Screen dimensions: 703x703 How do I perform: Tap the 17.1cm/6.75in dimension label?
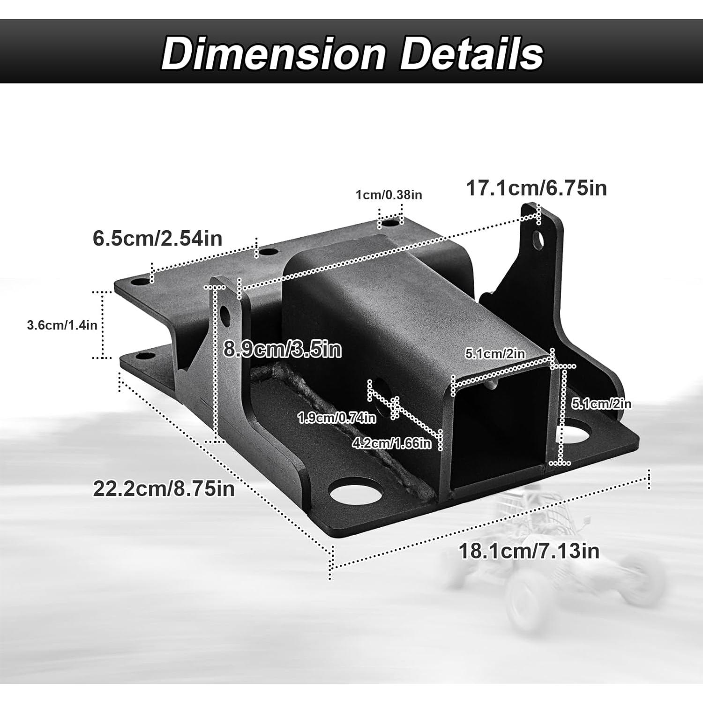tap(536, 188)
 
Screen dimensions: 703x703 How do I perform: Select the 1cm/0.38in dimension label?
tap(389, 194)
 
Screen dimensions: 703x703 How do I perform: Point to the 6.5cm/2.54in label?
tap(157, 238)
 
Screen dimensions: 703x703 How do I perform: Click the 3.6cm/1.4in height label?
tap(62, 325)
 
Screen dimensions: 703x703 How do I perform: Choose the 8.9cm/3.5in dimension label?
tap(282, 350)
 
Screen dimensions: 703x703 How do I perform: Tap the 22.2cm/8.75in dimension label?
tap(164, 489)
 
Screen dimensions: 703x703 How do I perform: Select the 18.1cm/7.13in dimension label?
tap(529, 551)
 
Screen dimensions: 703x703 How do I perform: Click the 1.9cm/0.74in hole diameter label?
tap(337, 418)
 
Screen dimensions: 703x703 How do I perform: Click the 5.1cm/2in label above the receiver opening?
tap(495, 353)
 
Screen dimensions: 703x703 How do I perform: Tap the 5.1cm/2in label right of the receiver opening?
tap(601, 404)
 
